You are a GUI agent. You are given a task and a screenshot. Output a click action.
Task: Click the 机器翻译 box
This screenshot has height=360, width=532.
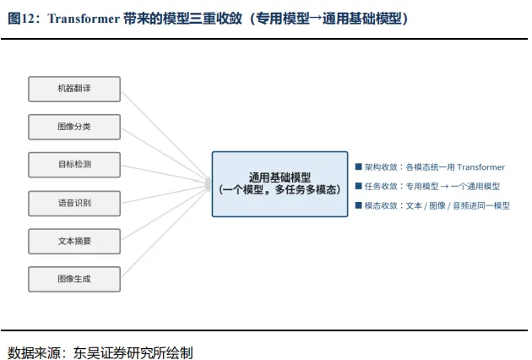click(x=74, y=89)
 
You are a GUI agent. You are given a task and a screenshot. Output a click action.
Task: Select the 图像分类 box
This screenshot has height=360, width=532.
click(x=74, y=127)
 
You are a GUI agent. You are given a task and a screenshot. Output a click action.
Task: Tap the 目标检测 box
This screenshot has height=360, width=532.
click(x=74, y=165)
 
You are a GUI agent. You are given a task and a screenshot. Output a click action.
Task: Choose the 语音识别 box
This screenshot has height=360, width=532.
click(x=74, y=204)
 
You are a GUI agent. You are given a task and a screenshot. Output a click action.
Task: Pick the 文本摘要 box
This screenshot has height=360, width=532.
click(x=74, y=242)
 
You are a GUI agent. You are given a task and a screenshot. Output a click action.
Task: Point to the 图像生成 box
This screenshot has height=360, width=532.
click(x=74, y=280)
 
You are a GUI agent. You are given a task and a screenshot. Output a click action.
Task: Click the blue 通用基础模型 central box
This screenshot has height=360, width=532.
click(x=280, y=184)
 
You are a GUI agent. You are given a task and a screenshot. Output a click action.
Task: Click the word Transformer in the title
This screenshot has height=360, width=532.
click(x=84, y=19)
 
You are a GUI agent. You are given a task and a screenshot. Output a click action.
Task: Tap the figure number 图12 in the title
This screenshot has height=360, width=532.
click(x=21, y=19)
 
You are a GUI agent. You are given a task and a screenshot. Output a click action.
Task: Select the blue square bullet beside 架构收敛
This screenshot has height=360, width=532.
click(x=358, y=166)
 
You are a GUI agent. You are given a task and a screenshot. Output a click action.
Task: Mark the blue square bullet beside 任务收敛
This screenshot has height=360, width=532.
click(x=358, y=186)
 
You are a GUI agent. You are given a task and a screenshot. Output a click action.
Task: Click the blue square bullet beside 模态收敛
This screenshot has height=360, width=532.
click(x=358, y=205)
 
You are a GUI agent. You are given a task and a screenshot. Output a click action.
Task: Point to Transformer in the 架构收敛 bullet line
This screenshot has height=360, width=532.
click(x=481, y=167)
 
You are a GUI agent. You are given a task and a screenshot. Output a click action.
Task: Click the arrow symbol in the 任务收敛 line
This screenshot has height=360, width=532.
click(x=444, y=187)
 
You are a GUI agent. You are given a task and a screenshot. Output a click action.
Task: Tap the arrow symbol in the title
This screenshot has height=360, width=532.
click(x=316, y=19)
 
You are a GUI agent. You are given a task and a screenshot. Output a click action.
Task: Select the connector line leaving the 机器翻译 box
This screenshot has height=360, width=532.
click(x=164, y=134)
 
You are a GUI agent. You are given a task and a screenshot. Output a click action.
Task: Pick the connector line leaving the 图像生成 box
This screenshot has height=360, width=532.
click(x=164, y=233)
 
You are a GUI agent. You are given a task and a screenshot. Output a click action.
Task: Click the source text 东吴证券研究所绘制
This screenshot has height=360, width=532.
click(x=133, y=353)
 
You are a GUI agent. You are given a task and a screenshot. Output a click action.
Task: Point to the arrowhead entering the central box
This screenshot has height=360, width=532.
click(x=208, y=184)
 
